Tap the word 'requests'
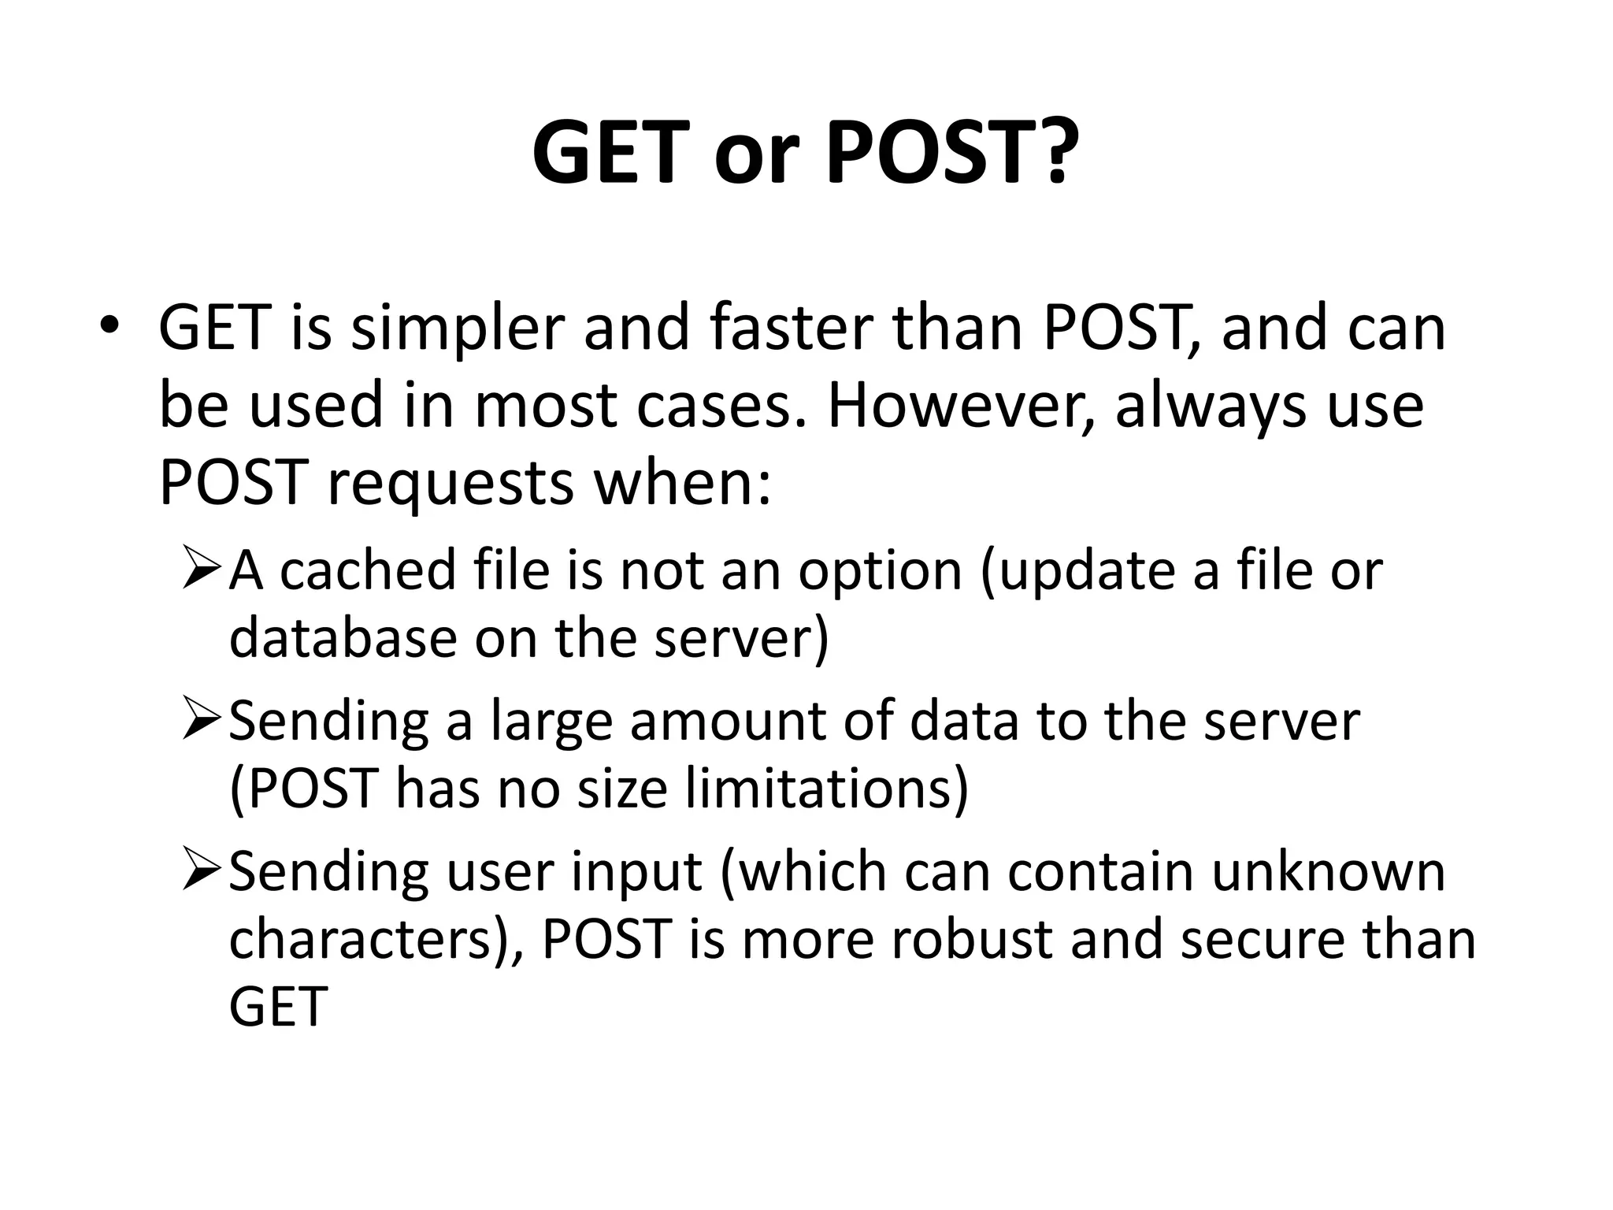450,485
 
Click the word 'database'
343,637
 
